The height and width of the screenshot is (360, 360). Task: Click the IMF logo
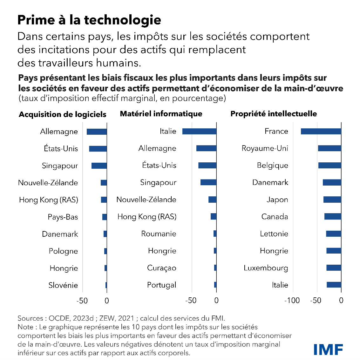(x=328, y=349)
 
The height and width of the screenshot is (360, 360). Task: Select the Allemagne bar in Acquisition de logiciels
(x=97, y=132)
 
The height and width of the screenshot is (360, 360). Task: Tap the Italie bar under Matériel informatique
(x=199, y=131)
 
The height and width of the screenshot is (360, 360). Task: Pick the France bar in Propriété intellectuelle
(x=321, y=131)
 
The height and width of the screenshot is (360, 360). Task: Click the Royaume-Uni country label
(x=265, y=148)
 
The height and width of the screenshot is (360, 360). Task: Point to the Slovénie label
(x=63, y=285)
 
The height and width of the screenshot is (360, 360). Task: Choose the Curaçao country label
(x=161, y=268)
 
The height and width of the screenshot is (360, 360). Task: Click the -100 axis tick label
(x=292, y=301)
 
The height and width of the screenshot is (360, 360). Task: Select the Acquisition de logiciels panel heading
(x=63, y=114)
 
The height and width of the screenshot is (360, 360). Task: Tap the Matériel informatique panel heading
(x=161, y=114)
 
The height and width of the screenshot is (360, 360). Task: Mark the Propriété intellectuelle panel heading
(x=274, y=114)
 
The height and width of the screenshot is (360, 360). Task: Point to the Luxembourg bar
(x=334, y=268)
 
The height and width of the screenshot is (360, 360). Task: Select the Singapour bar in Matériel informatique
(x=208, y=182)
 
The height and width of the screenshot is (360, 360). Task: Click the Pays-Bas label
(x=63, y=217)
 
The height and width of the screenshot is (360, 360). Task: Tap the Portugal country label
(x=161, y=285)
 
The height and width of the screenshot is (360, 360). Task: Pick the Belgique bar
(x=329, y=165)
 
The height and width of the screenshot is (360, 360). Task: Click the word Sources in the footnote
(x=30, y=318)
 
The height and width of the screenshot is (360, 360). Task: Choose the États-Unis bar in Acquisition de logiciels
(x=98, y=148)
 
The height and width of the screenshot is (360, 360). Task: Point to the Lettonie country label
(x=274, y=234)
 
